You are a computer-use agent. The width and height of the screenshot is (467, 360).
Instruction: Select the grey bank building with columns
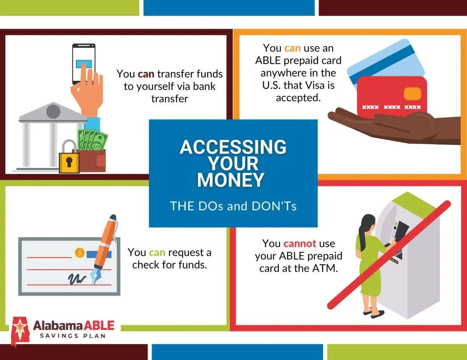(x=49, y=137)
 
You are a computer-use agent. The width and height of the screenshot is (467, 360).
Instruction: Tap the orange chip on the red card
(x=413, y=93)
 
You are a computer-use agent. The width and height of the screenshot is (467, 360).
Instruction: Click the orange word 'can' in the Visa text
(x=292, y=48)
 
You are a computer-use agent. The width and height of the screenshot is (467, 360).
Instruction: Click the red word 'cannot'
(x=300, y=243)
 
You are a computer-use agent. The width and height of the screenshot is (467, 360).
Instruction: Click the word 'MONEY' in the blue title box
(x=230, y=179)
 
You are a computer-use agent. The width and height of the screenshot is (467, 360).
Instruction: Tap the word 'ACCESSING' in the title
(x=233, y=147)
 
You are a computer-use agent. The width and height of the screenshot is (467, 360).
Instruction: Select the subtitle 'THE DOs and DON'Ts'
(x=233, y=206)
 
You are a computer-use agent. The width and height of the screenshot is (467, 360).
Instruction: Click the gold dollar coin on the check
(x=79, y=253)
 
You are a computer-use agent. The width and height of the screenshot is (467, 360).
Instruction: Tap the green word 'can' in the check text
(x=157, y=252)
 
